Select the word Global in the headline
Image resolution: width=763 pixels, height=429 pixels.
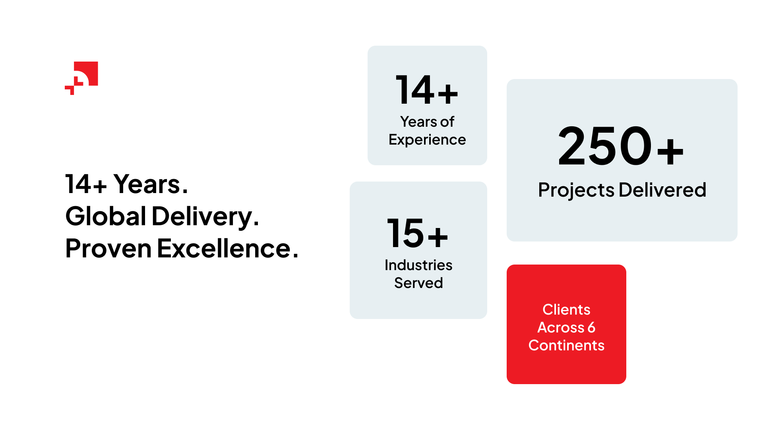[106, 216]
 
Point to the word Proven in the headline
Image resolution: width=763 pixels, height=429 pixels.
[108, 248]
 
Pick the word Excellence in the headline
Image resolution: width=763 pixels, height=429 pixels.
[224, 248]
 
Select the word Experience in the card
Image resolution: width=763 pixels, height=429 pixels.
[427, 140]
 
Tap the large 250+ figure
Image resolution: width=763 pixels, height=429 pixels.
[621, 146]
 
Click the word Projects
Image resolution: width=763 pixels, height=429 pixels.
[576, 190]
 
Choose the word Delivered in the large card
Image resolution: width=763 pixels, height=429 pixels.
[662, 189]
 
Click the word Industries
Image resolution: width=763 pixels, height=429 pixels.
[418, 265]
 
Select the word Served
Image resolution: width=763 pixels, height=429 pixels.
[418, 283]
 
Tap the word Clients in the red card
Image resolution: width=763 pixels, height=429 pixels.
[566, 309]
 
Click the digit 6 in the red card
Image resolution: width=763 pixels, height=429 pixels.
[591, 327]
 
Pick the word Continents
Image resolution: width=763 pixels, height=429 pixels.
[566, 345]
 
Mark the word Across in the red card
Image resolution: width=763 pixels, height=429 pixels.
[561, 327]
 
